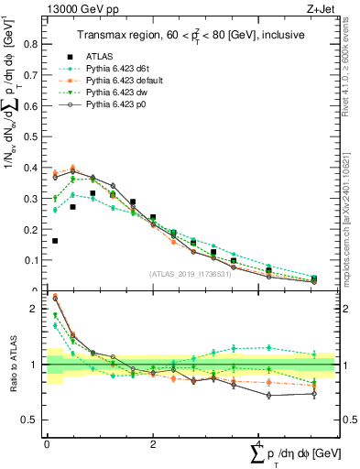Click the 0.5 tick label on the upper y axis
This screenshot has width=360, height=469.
pyautogui.click(x=32, y=136)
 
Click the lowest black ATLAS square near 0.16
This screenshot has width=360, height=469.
pyautogui.click(x=56, y=241)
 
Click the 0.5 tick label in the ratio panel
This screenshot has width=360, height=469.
pyautogui.click(x=32, y=420)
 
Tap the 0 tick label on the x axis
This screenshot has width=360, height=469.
pyautogui.click(x=48, y=444)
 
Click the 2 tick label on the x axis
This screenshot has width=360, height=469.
pyautogui.click(x=153, y=444)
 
